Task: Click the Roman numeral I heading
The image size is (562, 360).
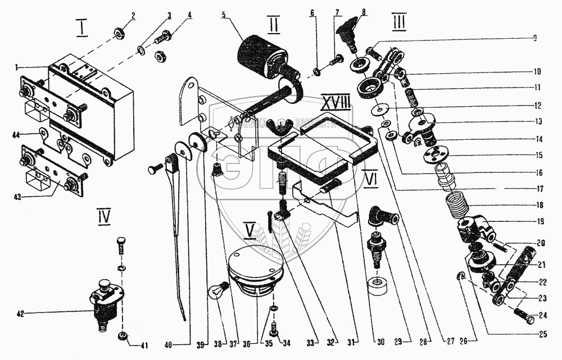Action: coord(82,28)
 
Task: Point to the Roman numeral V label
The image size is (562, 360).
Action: coord(249,229)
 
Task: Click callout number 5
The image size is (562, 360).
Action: coord(224,15)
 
